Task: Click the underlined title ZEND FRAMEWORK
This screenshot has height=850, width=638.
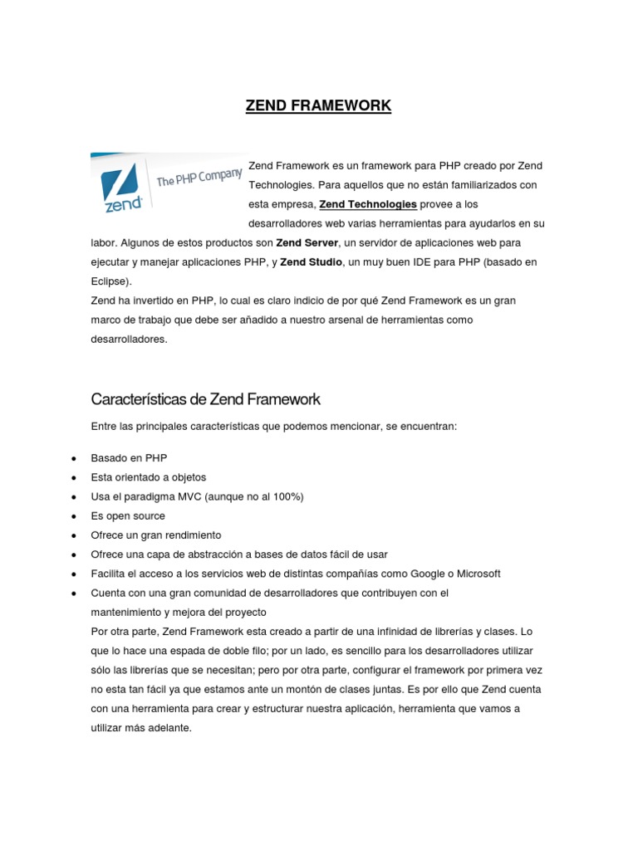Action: (318, 105)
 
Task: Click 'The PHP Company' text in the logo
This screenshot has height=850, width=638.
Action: (199, 178)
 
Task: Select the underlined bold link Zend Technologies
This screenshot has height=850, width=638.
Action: (368, 204)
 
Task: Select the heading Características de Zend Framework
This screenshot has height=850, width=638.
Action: (205, 399)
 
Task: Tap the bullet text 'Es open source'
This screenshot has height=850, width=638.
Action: (130, 515)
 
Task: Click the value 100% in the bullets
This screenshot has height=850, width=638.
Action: (287, 496)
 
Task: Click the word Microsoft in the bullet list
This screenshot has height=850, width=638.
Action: (474, 574)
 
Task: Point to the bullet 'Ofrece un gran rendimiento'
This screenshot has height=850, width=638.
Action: (156, 535)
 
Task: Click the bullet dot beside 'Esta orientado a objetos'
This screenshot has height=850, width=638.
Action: (75, 478)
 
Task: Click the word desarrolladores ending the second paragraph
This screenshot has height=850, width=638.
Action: (129, 339)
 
